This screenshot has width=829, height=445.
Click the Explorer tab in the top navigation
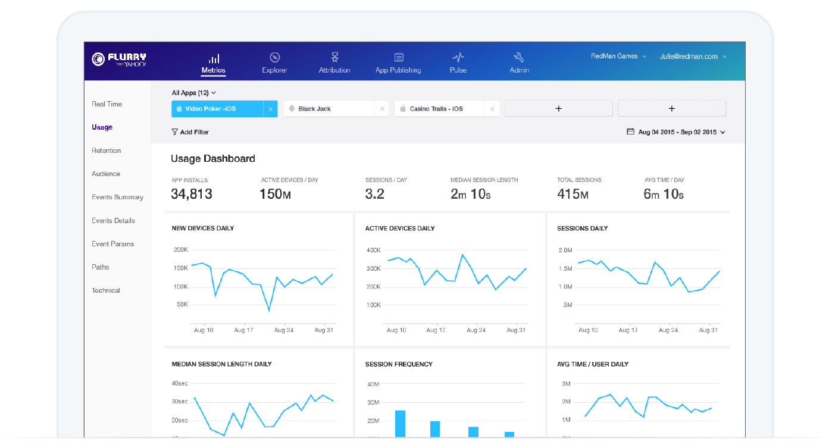(x=274, y=63)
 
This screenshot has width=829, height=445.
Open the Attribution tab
(x=334, y=63)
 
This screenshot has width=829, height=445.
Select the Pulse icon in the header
(x=458, y=57)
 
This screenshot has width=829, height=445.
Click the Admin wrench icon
(x=518, y=57)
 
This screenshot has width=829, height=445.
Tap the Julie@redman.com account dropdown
(x=693, y=57)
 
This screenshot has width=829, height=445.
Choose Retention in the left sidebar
(x=107, y=151)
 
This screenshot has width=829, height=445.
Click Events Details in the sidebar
(x=113, y=221)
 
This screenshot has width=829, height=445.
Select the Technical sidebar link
(x=106, y=290)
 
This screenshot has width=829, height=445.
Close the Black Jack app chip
(x=382, y=109)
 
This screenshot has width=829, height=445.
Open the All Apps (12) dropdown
(x=193, y=93)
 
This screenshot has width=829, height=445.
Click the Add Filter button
(x=190, y=132)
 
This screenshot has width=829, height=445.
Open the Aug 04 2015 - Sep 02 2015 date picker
(x=676, y=132)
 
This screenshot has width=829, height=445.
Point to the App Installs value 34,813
(x=192, y=194)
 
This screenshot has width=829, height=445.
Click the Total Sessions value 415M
(x=573, y=194)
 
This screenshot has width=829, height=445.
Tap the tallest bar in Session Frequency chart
(x=400, y=424)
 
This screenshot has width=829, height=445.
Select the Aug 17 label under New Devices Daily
(x=244, y=330)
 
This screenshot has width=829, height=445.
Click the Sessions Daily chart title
(x=582, y=228)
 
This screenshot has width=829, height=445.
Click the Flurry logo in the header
(x=119, y=59)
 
